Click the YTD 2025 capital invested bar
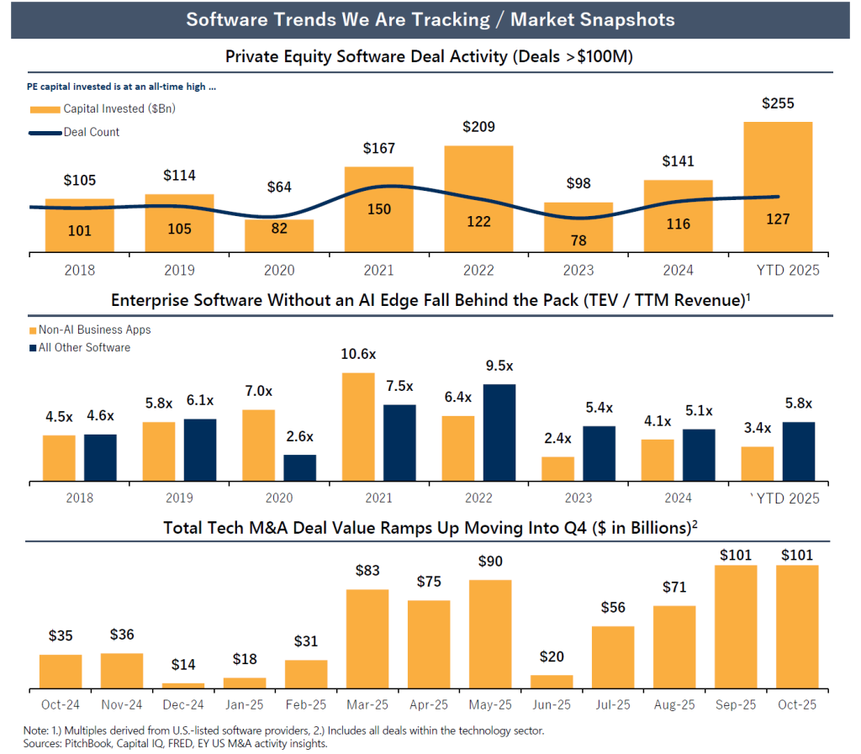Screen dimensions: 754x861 [x=778, y=187]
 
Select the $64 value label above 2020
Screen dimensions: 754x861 [x=279, y=187]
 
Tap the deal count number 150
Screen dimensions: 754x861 [x=378, y=208]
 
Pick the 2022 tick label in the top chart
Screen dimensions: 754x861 [x=478, y=270]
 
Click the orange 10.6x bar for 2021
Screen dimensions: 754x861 [x=358, y=427]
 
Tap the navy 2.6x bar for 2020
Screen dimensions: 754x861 [x=299, y=468]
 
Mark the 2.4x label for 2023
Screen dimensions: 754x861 [x=557, y=438]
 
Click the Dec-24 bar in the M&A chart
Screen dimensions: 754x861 [x=183, y=686]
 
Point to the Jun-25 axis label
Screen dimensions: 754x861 [x=552, y=704]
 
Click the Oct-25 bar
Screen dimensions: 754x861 [x=796, y=627]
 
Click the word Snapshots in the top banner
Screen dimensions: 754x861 [x=622, y=19]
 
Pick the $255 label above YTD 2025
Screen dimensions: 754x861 [x=778, y=103]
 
